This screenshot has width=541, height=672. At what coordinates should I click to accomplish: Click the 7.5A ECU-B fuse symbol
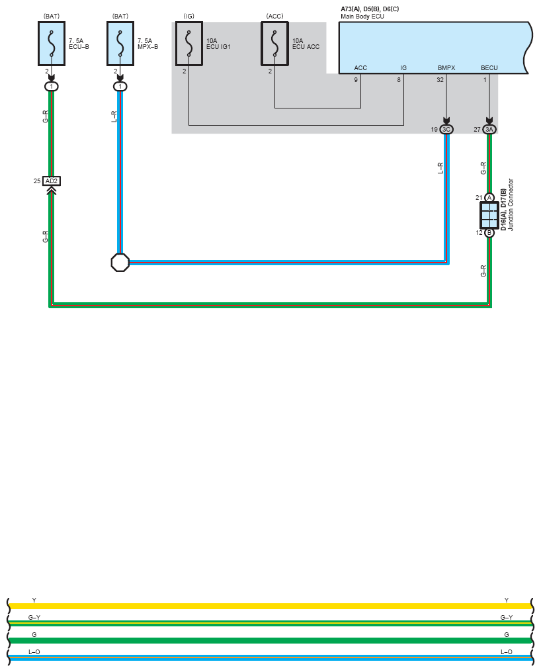point(52,44)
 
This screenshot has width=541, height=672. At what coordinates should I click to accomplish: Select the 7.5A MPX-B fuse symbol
point(120,44)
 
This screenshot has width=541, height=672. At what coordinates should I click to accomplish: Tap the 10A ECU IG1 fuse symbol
point(189,44)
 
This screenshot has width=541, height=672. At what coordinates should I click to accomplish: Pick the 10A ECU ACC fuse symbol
point(275,44)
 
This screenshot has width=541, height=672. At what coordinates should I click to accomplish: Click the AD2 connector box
point(52,181)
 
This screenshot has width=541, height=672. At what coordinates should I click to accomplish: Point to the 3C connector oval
point(446,130)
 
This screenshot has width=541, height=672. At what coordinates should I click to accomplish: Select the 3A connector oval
point(489,130)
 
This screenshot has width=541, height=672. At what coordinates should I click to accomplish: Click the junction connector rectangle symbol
point(489,215)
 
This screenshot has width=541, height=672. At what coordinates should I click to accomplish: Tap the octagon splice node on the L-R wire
point(120,262)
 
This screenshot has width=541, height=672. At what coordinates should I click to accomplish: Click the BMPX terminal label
point(446,68)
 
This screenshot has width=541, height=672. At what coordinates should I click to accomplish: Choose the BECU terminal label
point(489,68)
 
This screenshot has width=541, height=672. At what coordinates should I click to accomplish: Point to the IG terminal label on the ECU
point(403,68)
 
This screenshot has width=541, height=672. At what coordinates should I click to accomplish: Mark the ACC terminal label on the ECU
point(360,68)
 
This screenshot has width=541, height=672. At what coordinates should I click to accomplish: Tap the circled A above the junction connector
point(489,198)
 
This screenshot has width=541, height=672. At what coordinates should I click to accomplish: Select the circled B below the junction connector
point(489,233)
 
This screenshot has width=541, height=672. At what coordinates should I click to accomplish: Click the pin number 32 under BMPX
point(440,80)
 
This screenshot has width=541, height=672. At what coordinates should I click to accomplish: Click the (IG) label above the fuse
point(188,15)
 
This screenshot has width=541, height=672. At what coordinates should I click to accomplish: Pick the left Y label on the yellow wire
point(34,601)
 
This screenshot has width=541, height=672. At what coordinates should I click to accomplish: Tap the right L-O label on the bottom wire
point(507,652)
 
